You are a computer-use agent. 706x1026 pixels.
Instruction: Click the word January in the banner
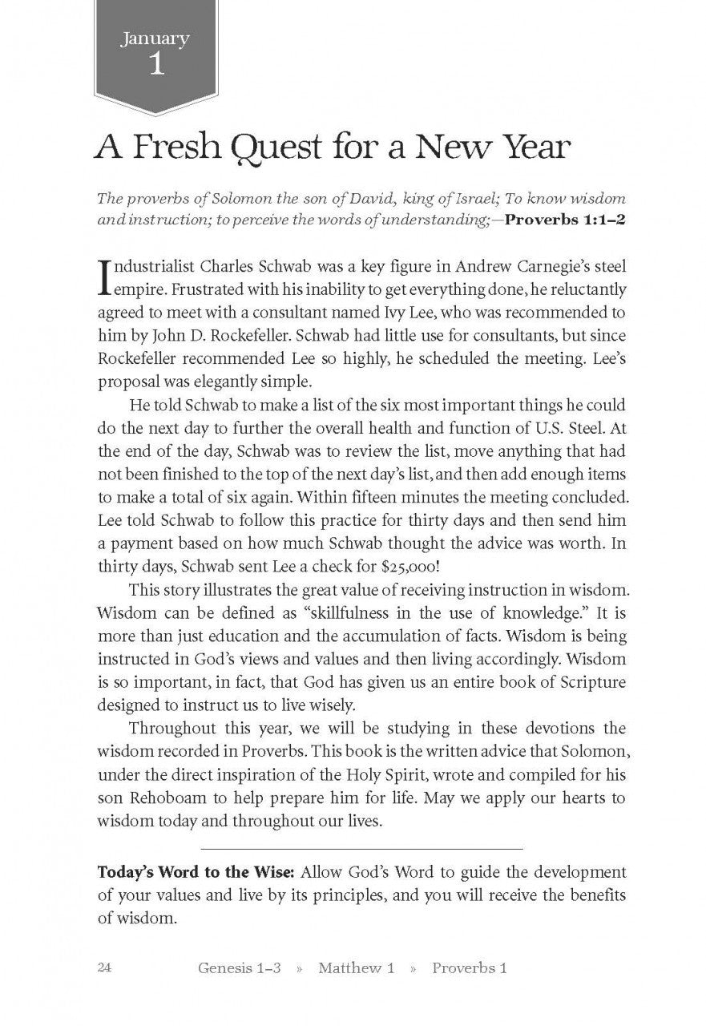(x=155, y=38)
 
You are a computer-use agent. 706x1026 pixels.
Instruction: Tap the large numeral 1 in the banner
(x=156, y=65)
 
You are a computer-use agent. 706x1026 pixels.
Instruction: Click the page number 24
(x=105, y=967)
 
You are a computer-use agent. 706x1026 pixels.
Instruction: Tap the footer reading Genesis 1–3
(x=239, y=968)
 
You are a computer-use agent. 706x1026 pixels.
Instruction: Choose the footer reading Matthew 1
(x=356, y=968)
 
